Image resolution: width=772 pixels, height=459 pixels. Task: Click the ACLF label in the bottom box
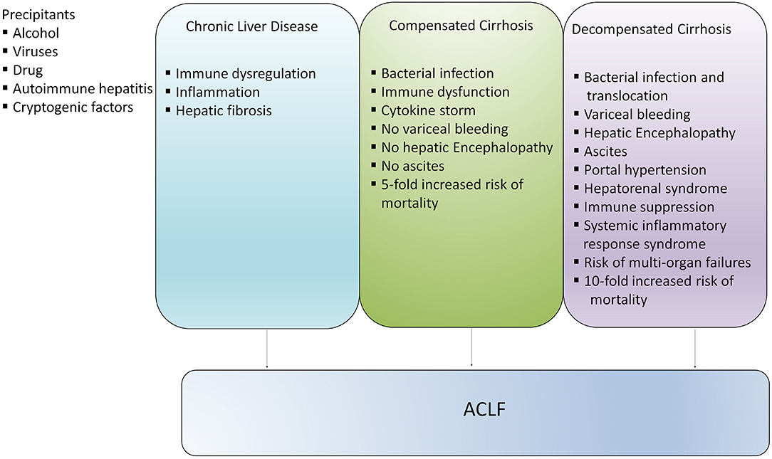pyautogui.click(x=484, y=409)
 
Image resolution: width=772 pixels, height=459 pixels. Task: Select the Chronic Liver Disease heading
pyautogui.click(x=251, y=26)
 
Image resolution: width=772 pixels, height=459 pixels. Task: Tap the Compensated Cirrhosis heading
pyautogui.click(x=461, y=26)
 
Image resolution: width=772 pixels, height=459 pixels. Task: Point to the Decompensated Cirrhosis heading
pyautogui.click(x=652, y=29)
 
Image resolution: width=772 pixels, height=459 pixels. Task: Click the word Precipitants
pyautogui.click(x=38, y=15)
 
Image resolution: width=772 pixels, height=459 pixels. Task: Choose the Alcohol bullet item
pyautogui.click(x=36, y=33)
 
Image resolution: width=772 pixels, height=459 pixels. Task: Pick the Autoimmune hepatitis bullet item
pyautogui.click(x=83, y=88)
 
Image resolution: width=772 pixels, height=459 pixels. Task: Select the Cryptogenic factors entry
pyautogui.click(x=73, y=107)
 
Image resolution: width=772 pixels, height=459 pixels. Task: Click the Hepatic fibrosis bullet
pyautogui.click(x=224, y=111)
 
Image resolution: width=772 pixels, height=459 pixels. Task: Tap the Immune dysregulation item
pyautogui.click(x=246, y=74)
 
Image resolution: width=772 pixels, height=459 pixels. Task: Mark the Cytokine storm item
pyautogui.click(x=428, y=110)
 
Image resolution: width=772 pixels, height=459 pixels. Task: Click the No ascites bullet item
pyautogui.click(x=412, y=166)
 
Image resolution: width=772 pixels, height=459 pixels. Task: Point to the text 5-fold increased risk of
pyautogui.click(x=452, y=184)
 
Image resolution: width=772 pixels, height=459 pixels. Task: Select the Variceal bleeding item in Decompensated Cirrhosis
pyautogui.click(x=637, y=115)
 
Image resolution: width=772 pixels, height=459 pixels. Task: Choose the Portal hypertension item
pyautogui.click(x=645, y=170)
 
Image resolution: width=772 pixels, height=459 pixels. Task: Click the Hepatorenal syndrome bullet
pyautogui.click(x=655, y=189)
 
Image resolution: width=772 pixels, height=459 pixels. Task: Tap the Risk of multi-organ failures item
pyautogui.click(x=667, y=263)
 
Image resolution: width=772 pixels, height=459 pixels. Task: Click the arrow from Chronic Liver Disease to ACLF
pyautogui.click(x=267, y=348)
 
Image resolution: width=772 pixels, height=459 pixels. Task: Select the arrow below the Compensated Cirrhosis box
pyautogui.click(x=471, y=347)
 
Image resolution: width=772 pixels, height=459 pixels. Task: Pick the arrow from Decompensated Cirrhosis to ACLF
pyautogui.click(x=694, y=348)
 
